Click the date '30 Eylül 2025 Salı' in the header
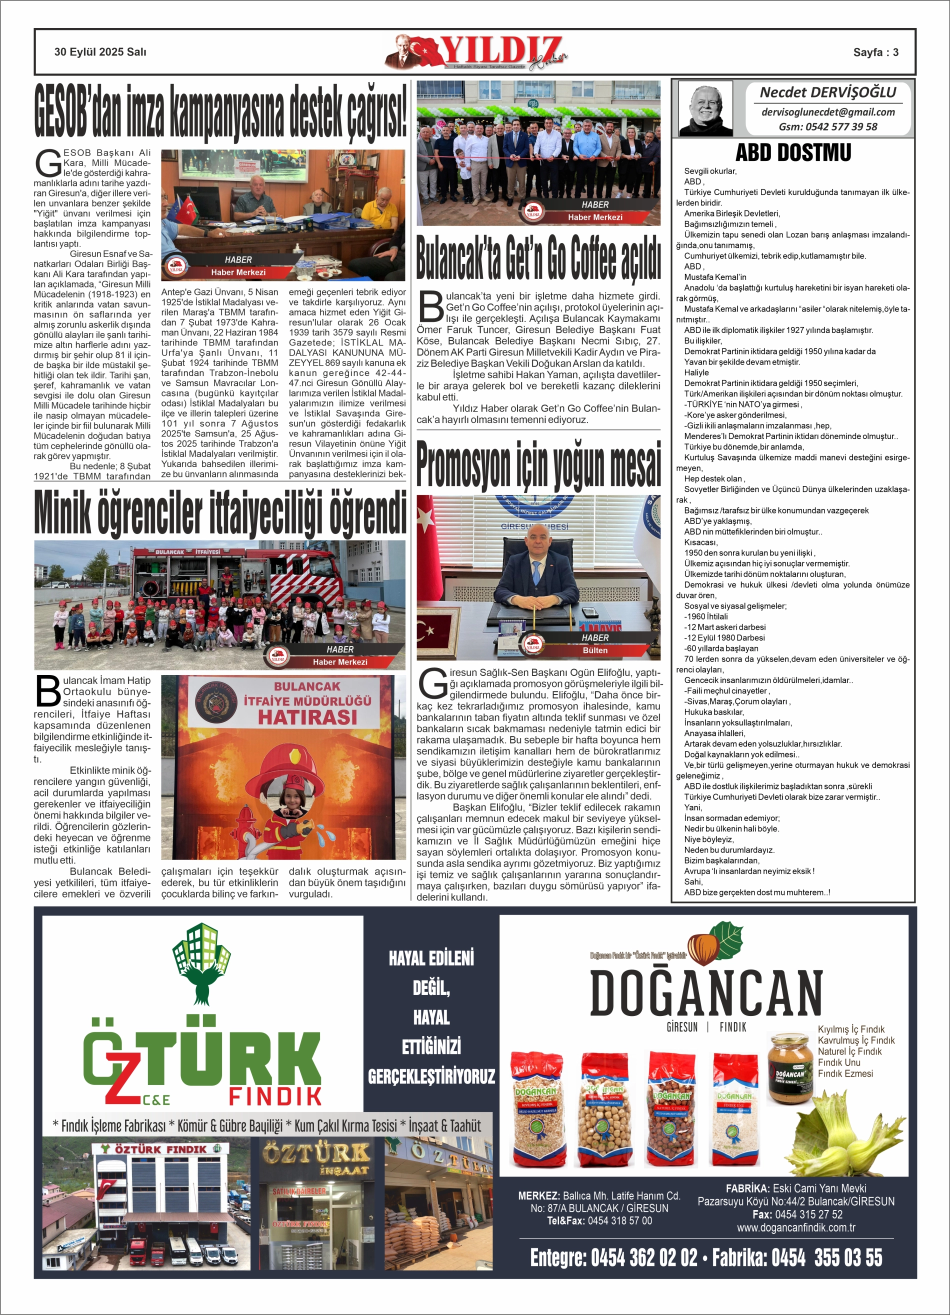coord(100,52)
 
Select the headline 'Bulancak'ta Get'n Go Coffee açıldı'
coord(538,257)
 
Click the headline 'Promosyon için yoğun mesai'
coord(538,464)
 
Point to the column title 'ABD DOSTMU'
coord(793,153)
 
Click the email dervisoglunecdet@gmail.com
coord(827,112)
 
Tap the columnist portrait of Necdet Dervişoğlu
coord(705,108)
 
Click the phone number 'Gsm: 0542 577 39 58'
coord(827,127)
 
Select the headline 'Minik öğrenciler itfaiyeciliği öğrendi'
coord(220,512)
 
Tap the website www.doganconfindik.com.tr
coord(795,1227)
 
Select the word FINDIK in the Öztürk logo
coord(275,1096)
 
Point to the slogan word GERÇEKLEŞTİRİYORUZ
coord(431,1076)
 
